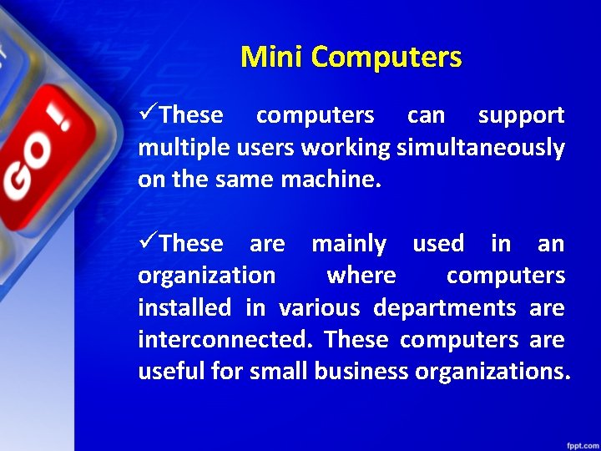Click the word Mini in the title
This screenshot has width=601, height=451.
point(271,57)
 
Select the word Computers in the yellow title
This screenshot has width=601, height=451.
point(386,57)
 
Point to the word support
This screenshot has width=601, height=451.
point(521,116)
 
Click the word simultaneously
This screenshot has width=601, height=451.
point(481,148)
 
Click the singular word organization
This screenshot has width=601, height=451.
point(206,276)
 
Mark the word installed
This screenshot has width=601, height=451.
point(184,308)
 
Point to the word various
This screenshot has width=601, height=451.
point(320,308)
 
